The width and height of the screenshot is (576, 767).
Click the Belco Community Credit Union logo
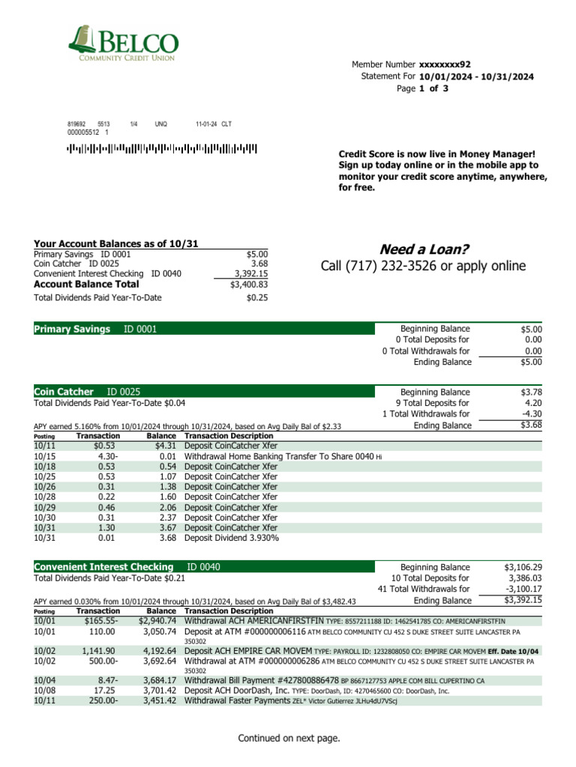tap(123, 43)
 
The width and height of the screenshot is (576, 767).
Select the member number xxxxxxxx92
tap(445, 65)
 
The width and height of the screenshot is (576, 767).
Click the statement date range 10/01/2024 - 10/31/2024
tap(476, 76)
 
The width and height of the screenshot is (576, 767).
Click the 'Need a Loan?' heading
tap(423, 249)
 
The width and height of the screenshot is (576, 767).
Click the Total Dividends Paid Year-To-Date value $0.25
tap(256, 298)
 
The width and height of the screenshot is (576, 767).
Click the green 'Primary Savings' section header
tap(72, 329)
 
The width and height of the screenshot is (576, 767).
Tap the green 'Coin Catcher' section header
tap(64, 392)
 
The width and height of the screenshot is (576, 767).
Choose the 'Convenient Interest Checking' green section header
tap(103, 567)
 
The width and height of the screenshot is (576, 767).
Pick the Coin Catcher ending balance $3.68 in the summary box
tap(530, 425)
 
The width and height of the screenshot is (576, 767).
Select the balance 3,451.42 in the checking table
tap(159, 700)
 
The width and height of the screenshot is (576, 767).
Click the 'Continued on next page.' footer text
tap(289, 739)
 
